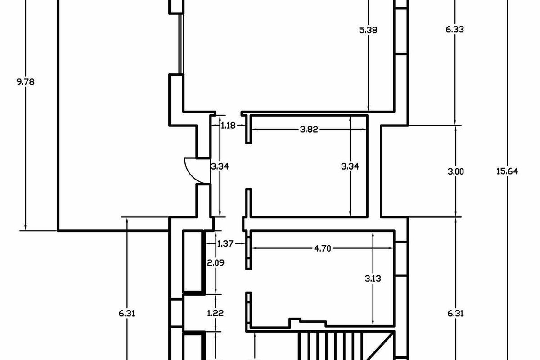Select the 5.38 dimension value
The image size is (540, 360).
(x=368, y=30)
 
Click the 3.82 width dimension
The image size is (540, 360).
(x=309, y=130)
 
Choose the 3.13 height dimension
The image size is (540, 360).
(x=373, y=278)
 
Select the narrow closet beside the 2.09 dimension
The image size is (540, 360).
(x=192, y=261)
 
